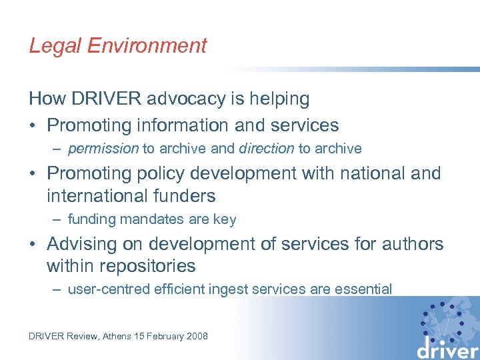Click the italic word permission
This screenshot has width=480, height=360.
pos(103,149)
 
